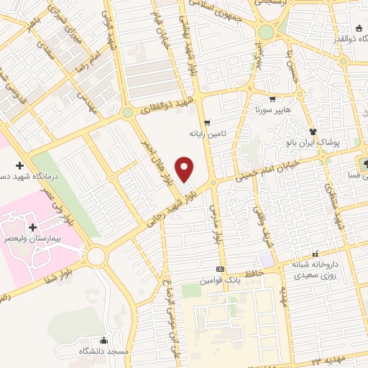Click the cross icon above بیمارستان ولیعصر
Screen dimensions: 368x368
[x=33, y=227]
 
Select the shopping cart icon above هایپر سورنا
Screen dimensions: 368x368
[x=272, y=100]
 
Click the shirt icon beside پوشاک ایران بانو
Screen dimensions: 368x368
[x=313, y=132]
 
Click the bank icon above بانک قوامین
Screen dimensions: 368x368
[x=221, y=268]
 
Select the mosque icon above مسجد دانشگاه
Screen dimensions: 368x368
[x=105, y=340]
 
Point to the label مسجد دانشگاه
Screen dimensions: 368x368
[x=105, y=351]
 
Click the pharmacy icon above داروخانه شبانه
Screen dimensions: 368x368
[x=315, y=254]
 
